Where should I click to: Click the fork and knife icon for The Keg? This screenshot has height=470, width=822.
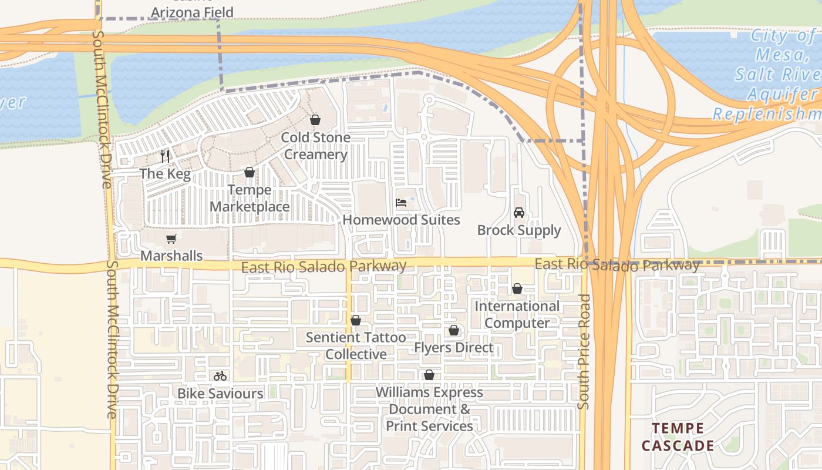165,156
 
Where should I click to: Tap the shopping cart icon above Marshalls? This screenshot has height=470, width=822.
171,239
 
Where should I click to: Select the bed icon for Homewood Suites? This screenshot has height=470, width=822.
401,203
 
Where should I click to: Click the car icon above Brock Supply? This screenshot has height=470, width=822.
519,213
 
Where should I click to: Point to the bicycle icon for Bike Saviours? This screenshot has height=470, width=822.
220,376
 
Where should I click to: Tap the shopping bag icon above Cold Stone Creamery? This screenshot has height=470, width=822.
315,120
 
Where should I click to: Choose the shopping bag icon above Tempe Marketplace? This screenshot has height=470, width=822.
250,172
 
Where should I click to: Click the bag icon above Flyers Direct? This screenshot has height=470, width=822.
454,331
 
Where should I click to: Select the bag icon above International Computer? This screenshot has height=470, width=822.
517,288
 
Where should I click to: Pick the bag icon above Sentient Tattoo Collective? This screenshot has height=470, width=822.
356,320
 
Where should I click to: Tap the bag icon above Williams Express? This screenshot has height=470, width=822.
429,375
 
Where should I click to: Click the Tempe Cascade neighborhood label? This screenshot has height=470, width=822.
678,437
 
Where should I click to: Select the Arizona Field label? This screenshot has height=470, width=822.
192,12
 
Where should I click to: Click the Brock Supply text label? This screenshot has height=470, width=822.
519,230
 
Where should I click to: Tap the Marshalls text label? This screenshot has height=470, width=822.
171,256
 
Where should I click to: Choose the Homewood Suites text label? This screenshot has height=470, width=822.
401,220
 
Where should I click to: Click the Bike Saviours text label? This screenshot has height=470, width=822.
220,393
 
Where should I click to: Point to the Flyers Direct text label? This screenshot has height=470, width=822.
454,348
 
